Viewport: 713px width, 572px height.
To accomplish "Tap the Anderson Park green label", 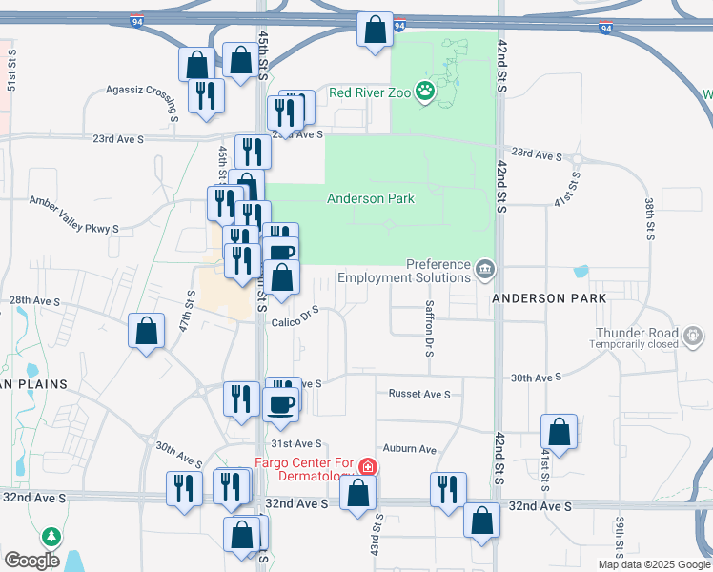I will (371, 198).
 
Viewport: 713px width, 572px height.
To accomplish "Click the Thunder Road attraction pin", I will (694, 336).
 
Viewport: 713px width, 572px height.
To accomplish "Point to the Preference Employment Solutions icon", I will (486, 270).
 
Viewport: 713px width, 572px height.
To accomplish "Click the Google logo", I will (31, 560).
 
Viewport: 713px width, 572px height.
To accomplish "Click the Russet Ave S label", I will (418, 394).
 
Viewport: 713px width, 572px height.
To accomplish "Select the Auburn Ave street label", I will (409, 449).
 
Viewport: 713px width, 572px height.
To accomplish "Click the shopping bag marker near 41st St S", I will (559, 431).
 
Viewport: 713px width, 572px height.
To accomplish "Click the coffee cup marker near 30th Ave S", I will (280, 402).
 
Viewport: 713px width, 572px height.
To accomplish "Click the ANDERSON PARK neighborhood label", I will (549, 298).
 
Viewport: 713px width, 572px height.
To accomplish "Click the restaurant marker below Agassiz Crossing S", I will (206, 96).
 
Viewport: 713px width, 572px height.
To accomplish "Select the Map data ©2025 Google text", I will (654, 564).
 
